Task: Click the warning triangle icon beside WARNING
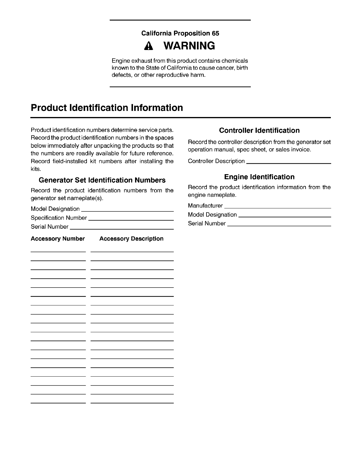(148, 46)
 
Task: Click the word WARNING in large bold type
(189, 46)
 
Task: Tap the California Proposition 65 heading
(180, 33)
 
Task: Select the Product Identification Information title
(107, 107)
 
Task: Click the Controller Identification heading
(259, 130)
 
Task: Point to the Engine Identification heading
(259, 177)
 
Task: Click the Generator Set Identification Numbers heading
(102, 180)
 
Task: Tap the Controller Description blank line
(289, 163)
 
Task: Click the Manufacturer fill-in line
(278, 207)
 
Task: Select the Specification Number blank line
(131, 219)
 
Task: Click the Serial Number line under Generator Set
(122, 228)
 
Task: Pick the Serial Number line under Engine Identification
(279, 225)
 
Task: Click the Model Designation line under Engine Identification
(285, 216)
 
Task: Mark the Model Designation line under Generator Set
(127, 210)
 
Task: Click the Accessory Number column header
(58, 239)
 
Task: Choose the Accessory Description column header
(131, 239)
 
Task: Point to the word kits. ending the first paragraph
(36, 169)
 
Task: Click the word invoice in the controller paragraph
(301, 149)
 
